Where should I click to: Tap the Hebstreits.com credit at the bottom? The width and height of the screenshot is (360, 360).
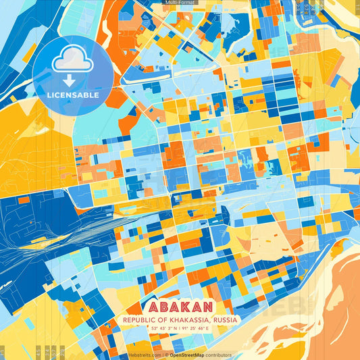pyautogui.click(x=144, y=355)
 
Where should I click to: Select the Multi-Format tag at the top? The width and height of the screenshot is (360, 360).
pyautogui.click(x=180, y=3)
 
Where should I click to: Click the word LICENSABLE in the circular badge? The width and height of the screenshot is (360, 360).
pyautogui.click(x=73, y=95)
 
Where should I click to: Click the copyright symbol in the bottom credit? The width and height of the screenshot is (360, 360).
pyautogui.click(x=165, y=355)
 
